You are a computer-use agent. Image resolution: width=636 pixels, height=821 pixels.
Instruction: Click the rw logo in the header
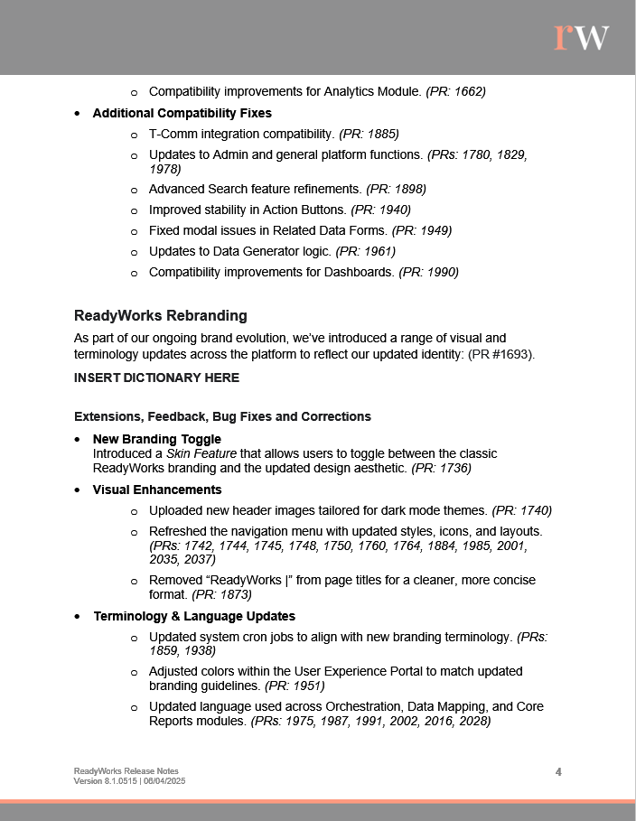582,37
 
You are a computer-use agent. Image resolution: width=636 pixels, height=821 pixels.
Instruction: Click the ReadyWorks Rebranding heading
160,316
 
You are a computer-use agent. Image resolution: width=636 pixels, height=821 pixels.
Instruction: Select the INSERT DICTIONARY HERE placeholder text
156,378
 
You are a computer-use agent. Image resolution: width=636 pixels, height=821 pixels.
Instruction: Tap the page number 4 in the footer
558,771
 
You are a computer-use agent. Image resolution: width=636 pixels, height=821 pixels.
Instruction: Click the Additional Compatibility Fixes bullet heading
182,113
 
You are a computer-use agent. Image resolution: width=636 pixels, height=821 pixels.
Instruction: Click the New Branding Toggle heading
157,439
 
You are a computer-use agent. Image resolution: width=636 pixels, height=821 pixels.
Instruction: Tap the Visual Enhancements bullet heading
157,490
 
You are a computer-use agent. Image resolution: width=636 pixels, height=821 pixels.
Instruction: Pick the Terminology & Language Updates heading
194,616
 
